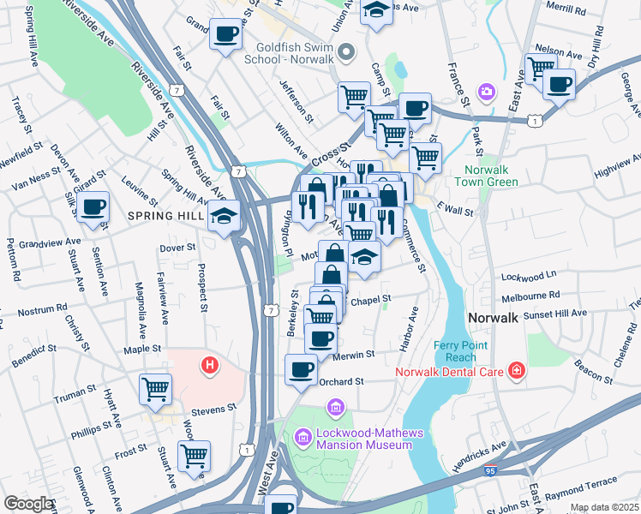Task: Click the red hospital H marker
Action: click(209, 368)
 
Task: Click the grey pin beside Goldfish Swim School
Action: click(346, 53)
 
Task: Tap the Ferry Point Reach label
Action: click(468, 350)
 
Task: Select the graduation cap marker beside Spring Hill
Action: click(225, 215)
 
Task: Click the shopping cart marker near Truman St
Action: click(156, 390)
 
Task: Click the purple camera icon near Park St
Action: click(487, 91)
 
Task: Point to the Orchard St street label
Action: click(343, 381)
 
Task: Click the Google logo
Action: click(28, 504)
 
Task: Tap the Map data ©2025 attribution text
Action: click(603, 507)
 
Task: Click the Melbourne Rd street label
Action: click(531, 294)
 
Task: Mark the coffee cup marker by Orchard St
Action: click(301, 370)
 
